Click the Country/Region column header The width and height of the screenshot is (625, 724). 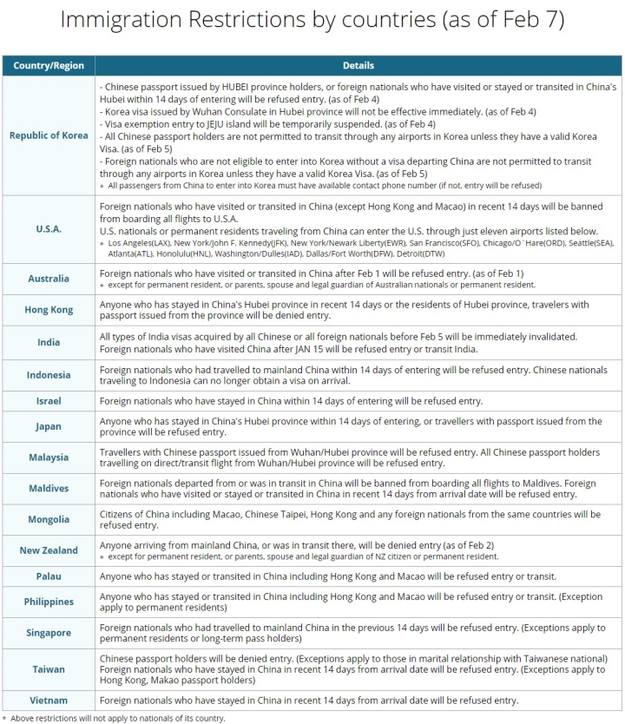point(49,65)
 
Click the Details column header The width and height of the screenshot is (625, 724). point(359,65)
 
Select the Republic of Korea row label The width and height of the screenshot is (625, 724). point(49,135)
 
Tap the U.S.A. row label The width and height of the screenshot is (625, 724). point(49,229)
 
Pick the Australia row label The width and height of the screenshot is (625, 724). point(49,279)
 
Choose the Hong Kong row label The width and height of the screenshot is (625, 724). point(49,310)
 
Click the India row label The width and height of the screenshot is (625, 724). point(49,342)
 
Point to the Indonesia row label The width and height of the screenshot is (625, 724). point(49,375)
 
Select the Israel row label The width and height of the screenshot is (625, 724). point(49,401)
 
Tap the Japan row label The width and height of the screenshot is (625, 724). point(49,427)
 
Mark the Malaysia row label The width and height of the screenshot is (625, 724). point(49,457)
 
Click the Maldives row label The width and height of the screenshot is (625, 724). point(49,488)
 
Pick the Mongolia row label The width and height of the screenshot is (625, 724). point(49,519)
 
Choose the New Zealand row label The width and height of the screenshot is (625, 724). point(49,550)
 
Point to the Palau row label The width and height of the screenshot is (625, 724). point(49,576)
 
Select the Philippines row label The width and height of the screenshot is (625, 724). point(49,602)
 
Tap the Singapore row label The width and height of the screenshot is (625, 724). point(49,633)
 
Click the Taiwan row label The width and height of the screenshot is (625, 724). point(49,670)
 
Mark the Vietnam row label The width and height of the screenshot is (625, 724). point(49,700)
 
